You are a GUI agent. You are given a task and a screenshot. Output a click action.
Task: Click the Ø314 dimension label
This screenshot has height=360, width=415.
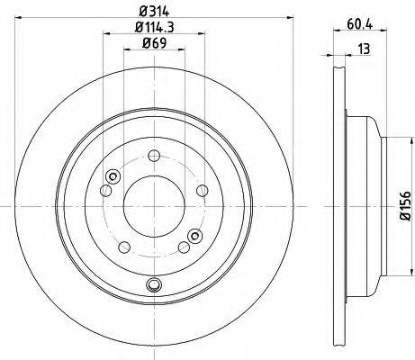[x=155, y=12]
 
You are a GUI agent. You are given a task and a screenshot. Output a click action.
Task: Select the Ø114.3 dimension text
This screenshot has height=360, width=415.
[x=155, y=28]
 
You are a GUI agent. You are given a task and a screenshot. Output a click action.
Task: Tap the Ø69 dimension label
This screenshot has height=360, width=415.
[x=155, y=43]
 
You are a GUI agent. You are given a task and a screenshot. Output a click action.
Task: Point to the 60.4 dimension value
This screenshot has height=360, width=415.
[x=360, y=24]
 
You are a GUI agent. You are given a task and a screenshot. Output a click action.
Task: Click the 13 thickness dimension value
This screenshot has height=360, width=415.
[x=364, y=49]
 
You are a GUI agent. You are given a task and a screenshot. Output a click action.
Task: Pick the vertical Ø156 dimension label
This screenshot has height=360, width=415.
[x=405, y=206]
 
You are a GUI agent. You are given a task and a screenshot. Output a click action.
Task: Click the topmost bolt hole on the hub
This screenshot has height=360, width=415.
[x=154, y=156]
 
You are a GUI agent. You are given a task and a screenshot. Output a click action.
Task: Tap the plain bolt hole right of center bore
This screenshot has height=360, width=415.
[x=203, y=191]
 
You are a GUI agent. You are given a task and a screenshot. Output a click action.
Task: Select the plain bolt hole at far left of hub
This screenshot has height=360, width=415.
[x=105, y=191]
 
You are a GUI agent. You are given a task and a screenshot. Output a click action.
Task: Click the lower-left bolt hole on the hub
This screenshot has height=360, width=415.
[x=124, y=247]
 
